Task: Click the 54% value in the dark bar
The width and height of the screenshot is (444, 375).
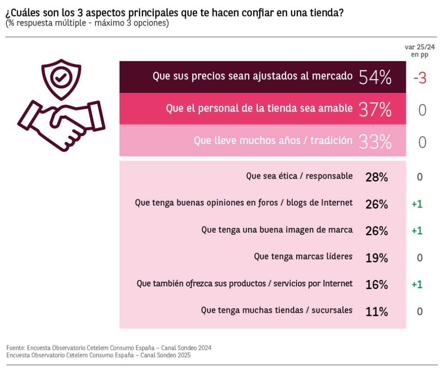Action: coord(375,77)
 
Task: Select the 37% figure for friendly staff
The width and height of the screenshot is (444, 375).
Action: coord(375,109)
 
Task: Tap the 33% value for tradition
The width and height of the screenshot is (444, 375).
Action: coord(375,141)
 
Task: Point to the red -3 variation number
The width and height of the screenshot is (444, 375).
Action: coord(420,78)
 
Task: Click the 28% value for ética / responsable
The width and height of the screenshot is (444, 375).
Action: coord(376,177)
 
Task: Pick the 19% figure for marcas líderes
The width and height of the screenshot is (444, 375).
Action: coord(376,258)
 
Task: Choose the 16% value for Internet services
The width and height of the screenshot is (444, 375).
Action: coord(376,285)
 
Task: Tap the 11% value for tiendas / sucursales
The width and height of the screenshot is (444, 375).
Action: coord(376,312)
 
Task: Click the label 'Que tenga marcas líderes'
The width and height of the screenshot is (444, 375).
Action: coord(303,257)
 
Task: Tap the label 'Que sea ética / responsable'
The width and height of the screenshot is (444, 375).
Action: coord(299,176)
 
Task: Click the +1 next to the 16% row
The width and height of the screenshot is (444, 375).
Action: coord(417,284)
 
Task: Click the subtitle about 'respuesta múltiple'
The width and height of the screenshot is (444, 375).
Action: coord(87,23)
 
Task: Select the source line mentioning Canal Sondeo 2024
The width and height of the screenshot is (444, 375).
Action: coord(109,348)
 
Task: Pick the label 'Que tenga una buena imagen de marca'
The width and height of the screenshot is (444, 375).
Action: coord(277,230)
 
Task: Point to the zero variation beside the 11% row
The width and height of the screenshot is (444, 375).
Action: coord(419,311)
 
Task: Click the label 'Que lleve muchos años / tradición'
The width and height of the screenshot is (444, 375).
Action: coord(273,140)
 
